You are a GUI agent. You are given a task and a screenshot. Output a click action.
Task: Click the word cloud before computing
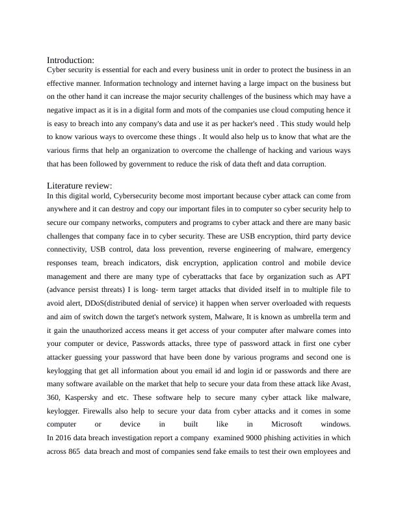(x=276, y=110)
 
